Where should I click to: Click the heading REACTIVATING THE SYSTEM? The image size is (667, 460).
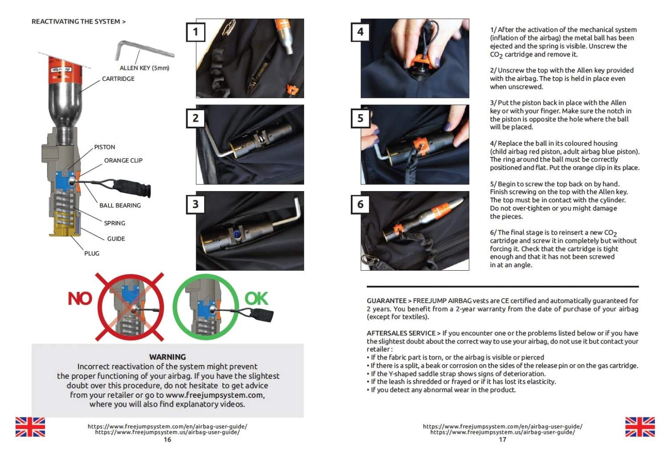point(78,21)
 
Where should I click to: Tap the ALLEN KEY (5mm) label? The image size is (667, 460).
point(144,68)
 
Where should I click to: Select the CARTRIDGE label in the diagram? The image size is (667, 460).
point(118,79)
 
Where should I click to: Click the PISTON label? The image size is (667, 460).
point(104,147)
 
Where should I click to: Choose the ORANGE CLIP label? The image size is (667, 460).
point(123,160)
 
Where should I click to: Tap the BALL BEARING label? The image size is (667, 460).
point(120,205)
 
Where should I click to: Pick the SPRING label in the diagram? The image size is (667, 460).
point(115,223)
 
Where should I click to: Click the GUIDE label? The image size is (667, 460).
point(116,239)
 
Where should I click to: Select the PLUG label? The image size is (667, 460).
point(92,253)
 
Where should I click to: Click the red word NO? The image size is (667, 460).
point(80,299)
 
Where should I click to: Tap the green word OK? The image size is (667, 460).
point(257,299)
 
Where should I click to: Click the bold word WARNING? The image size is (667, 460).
point(167,357)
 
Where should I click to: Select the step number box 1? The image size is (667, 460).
point(195,32)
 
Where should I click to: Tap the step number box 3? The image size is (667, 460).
point(195,204)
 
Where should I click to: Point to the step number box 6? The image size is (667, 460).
point(360,204)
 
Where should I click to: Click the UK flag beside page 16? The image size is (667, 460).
point(30,427)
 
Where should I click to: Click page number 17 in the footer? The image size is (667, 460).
point(502,440)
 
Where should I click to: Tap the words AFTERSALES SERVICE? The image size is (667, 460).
point(401,333)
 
